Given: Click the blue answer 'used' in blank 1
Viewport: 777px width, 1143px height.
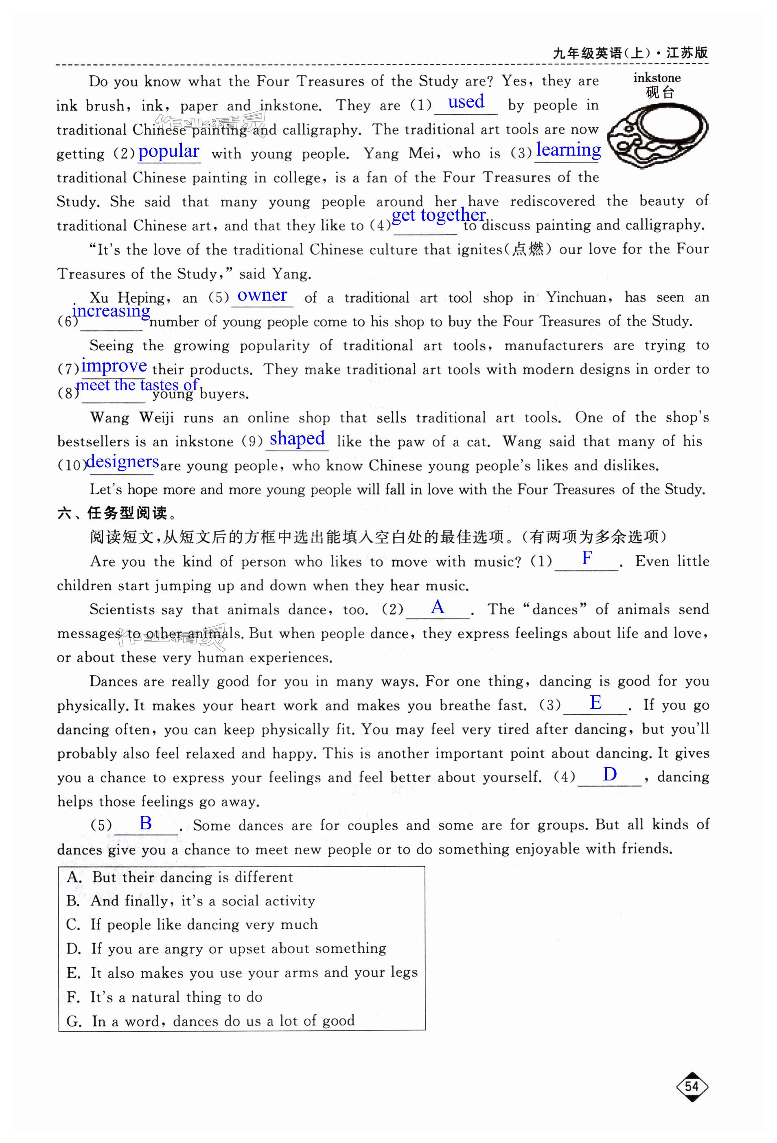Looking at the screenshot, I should (465, 102).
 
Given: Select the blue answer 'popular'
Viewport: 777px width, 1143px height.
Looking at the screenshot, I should (169, 151).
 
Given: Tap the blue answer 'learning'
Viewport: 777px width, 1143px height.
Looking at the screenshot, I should (568, 149).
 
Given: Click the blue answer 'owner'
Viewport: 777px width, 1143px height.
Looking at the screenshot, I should (262, 295).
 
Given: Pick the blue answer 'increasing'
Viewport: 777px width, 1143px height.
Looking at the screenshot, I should (111, 311).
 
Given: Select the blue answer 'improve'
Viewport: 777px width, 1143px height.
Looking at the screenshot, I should (114, 365).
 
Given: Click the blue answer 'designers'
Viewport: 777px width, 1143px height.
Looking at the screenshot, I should (123, 462).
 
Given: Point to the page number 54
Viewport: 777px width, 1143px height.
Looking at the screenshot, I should (692, 1086).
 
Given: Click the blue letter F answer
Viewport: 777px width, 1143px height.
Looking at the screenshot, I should (587, 558).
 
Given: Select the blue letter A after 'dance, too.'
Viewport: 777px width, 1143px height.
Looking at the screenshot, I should (438, 607).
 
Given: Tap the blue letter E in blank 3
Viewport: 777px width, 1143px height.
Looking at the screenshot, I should (595, 702).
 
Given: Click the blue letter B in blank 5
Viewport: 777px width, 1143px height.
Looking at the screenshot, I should (145, 823).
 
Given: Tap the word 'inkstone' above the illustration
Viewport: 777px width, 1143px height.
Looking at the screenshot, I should (657, 78).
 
